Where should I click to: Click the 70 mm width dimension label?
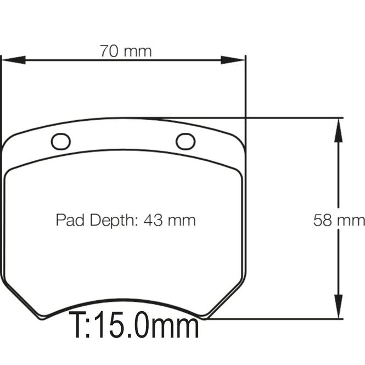pyautogui.click(x=126, y=51)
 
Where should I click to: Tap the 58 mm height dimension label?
pyautogui.click(x=339, y=220)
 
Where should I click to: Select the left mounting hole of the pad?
pyautogui.click(x=61, y=141)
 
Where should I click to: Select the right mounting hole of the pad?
pyautogui.click(x=186, y=141)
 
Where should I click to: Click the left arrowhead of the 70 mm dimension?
pyautogui.click(x=14, y=60)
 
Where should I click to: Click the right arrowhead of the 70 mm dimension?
pyautogui.click(x=233, y=60)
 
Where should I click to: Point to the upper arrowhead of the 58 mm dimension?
pyautogui.click(x=338, y=131)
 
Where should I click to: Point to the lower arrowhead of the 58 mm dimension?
pyautogui.click(x=338, y=306)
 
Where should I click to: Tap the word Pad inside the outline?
pyautogui.click(x=70, y=220)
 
